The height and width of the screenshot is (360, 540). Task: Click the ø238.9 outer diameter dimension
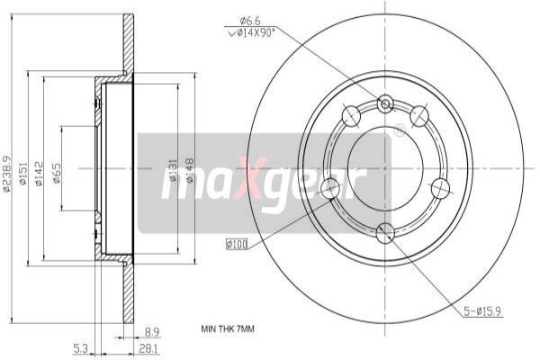pos(9,171)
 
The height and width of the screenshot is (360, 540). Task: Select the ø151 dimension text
pos(24,172)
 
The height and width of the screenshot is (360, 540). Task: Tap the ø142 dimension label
pos(40,172)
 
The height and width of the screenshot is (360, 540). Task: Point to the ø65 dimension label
pos(56,172)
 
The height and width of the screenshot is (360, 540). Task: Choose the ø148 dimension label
pos(191,171)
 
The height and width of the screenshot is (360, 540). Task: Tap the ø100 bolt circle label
pos(238,244)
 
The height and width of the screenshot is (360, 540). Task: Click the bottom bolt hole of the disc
pos(385,233)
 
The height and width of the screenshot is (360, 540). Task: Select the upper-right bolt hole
pos(419,116)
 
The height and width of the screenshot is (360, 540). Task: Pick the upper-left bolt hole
pos(351,116)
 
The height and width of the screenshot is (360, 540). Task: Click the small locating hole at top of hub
pos(385,104)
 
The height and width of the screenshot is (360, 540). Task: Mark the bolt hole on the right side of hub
pos(440,188)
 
